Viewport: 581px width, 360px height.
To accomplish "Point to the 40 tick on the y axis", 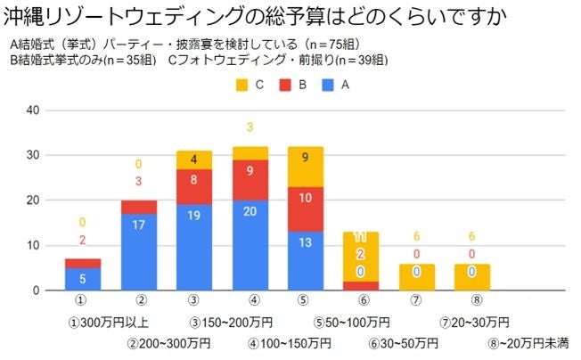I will (33, 110).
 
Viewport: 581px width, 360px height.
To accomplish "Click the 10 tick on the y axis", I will (33, 245).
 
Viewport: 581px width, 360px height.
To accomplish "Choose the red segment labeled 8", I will (194, 187).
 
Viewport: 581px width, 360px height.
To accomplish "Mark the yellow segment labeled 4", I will (194, 160).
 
